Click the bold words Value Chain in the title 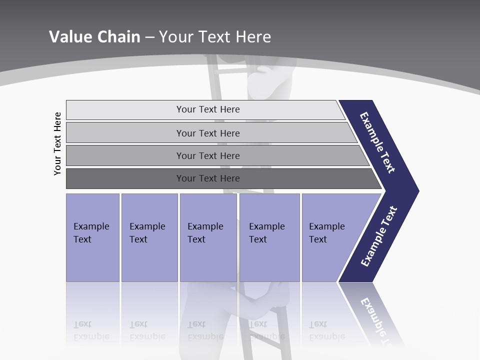[x=94, y=37]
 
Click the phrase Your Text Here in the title [x=215, y=37]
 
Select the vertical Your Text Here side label [x=58, y=143]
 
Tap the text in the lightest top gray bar [x=208, y=109]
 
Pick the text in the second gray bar [x=208, y=133]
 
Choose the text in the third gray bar [x=208, y=156]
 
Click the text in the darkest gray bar [x=208, y=178]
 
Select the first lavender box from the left [x=92, y=237]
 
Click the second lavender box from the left [x=149, y=237]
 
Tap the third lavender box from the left [x=208, y=237]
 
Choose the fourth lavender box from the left [x=269, y=237]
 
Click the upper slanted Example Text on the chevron [x=377, y=142]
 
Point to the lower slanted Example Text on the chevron [x=379, y=236]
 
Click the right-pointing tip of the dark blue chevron [x=416, y=190]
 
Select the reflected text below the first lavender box [x=91, y=330]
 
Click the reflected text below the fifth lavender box [x=326, y=330]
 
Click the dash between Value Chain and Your [x=149, y=37]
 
